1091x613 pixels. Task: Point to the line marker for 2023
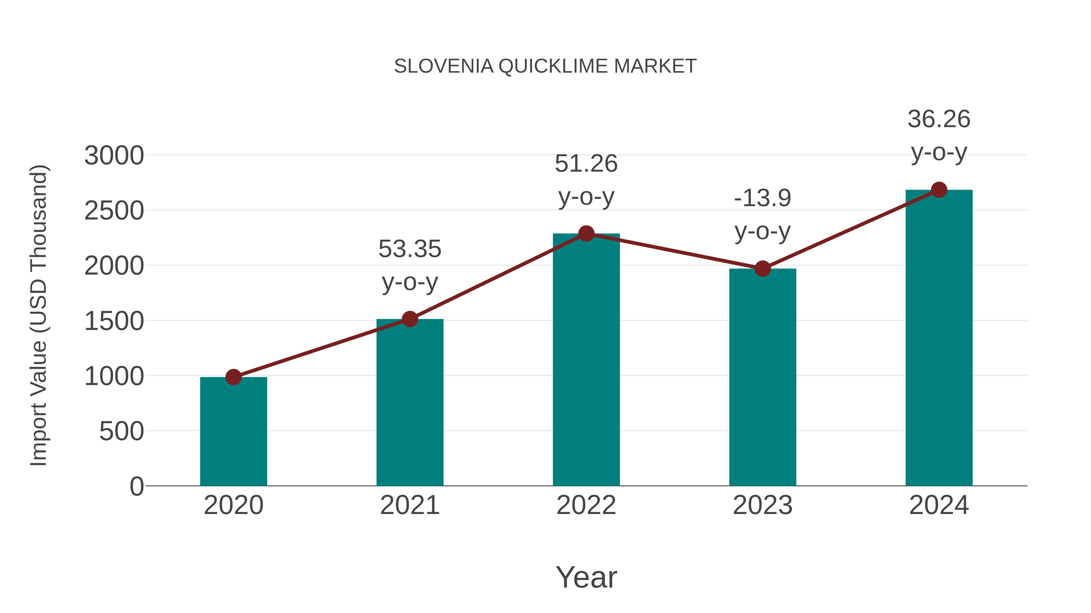(762, 269)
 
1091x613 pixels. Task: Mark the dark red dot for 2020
(233, 377)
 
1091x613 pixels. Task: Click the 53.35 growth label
(409, 249)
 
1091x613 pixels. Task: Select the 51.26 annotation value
(586, 164)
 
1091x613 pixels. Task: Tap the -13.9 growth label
(762, 198)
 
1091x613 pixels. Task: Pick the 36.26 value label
(939, 119)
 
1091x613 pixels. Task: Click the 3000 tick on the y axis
(114, 156)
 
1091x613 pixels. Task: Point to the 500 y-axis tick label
(122, 431)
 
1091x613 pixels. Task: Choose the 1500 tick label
(114, 321)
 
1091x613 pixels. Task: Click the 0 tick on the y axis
(137, 486)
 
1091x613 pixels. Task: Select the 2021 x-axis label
(409, 505)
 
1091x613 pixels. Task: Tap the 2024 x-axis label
(939, 505)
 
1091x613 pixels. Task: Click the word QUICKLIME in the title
(555, 66)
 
